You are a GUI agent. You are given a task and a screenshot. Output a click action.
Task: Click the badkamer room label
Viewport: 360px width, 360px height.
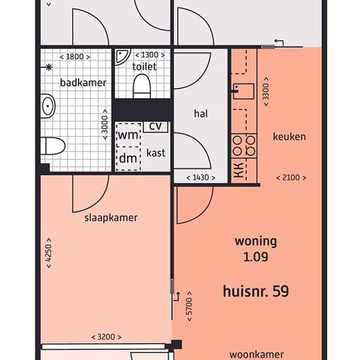coord(83,82)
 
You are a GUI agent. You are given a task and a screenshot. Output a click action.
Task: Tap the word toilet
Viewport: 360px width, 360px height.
coord(144,67)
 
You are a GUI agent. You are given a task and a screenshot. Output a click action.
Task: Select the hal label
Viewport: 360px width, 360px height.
coord(201,114)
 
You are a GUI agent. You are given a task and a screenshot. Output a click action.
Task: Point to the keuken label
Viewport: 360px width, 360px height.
coord(289,137)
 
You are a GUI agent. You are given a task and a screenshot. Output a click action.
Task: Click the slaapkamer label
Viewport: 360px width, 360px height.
coord(111,218)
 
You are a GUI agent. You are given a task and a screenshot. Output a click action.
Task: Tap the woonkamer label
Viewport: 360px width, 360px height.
coord(257,355)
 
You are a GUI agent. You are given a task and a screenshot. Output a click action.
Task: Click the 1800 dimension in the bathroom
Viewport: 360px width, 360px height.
coord(75,57)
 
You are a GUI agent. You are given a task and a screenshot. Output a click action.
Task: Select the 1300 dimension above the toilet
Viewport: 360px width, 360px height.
coord(150,55)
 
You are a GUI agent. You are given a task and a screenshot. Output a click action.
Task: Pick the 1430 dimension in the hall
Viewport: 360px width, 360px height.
coord(201,177)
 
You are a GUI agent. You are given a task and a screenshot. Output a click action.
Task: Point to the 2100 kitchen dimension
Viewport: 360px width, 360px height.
coord(291,177)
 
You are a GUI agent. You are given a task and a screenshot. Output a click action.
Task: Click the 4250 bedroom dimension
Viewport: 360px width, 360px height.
coord(48,253)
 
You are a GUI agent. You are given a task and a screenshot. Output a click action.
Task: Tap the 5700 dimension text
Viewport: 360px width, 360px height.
coord(189,306)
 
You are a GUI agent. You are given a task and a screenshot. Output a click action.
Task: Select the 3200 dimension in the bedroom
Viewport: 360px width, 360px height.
coord(106,337)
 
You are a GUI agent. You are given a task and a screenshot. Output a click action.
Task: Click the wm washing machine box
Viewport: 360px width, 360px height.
coord(128,135)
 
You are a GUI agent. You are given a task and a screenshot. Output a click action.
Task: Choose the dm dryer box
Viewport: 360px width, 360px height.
coord(128,158)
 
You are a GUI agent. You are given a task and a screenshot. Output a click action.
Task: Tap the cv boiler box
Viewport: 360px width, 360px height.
coord(156,127)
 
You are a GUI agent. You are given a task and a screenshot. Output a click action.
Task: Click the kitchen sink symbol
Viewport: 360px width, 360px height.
coord(243,91)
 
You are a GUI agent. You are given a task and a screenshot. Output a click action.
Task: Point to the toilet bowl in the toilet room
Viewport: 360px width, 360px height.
coord(142,86)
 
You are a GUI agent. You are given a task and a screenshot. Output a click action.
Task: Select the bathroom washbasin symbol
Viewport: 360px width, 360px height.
coord(48,106)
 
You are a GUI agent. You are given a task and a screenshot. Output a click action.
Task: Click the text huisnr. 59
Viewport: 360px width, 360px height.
coord(256,291)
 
